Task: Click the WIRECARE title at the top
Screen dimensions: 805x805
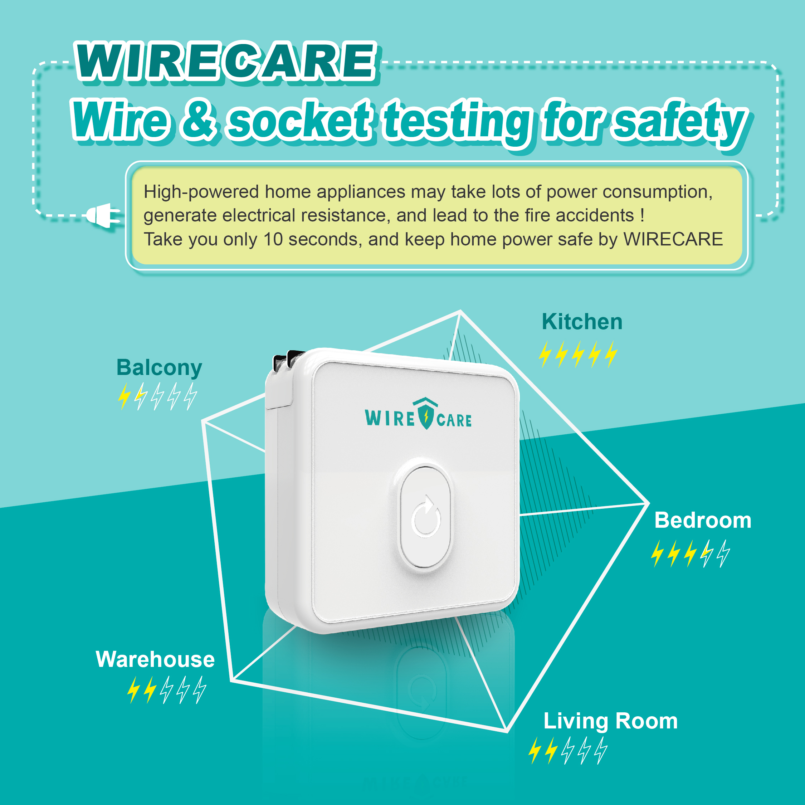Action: pos(226,62)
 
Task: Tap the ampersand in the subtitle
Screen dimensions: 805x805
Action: pos(199,119)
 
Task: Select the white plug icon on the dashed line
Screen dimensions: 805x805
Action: pos(103,215)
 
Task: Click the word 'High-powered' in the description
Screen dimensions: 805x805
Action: pos(201,192)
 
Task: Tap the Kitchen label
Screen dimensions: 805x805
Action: pos(582,322)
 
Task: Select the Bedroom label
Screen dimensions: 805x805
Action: pos(703,521)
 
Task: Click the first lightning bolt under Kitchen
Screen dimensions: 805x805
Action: pos(545,354)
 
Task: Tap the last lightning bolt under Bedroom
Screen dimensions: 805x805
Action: pos(724,554)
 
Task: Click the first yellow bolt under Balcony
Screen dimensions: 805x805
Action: pos(124,397)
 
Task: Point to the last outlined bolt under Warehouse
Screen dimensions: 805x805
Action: pos(200,690)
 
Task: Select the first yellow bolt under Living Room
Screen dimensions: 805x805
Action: pos(535,750)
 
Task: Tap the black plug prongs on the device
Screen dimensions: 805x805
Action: pos(288,360)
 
